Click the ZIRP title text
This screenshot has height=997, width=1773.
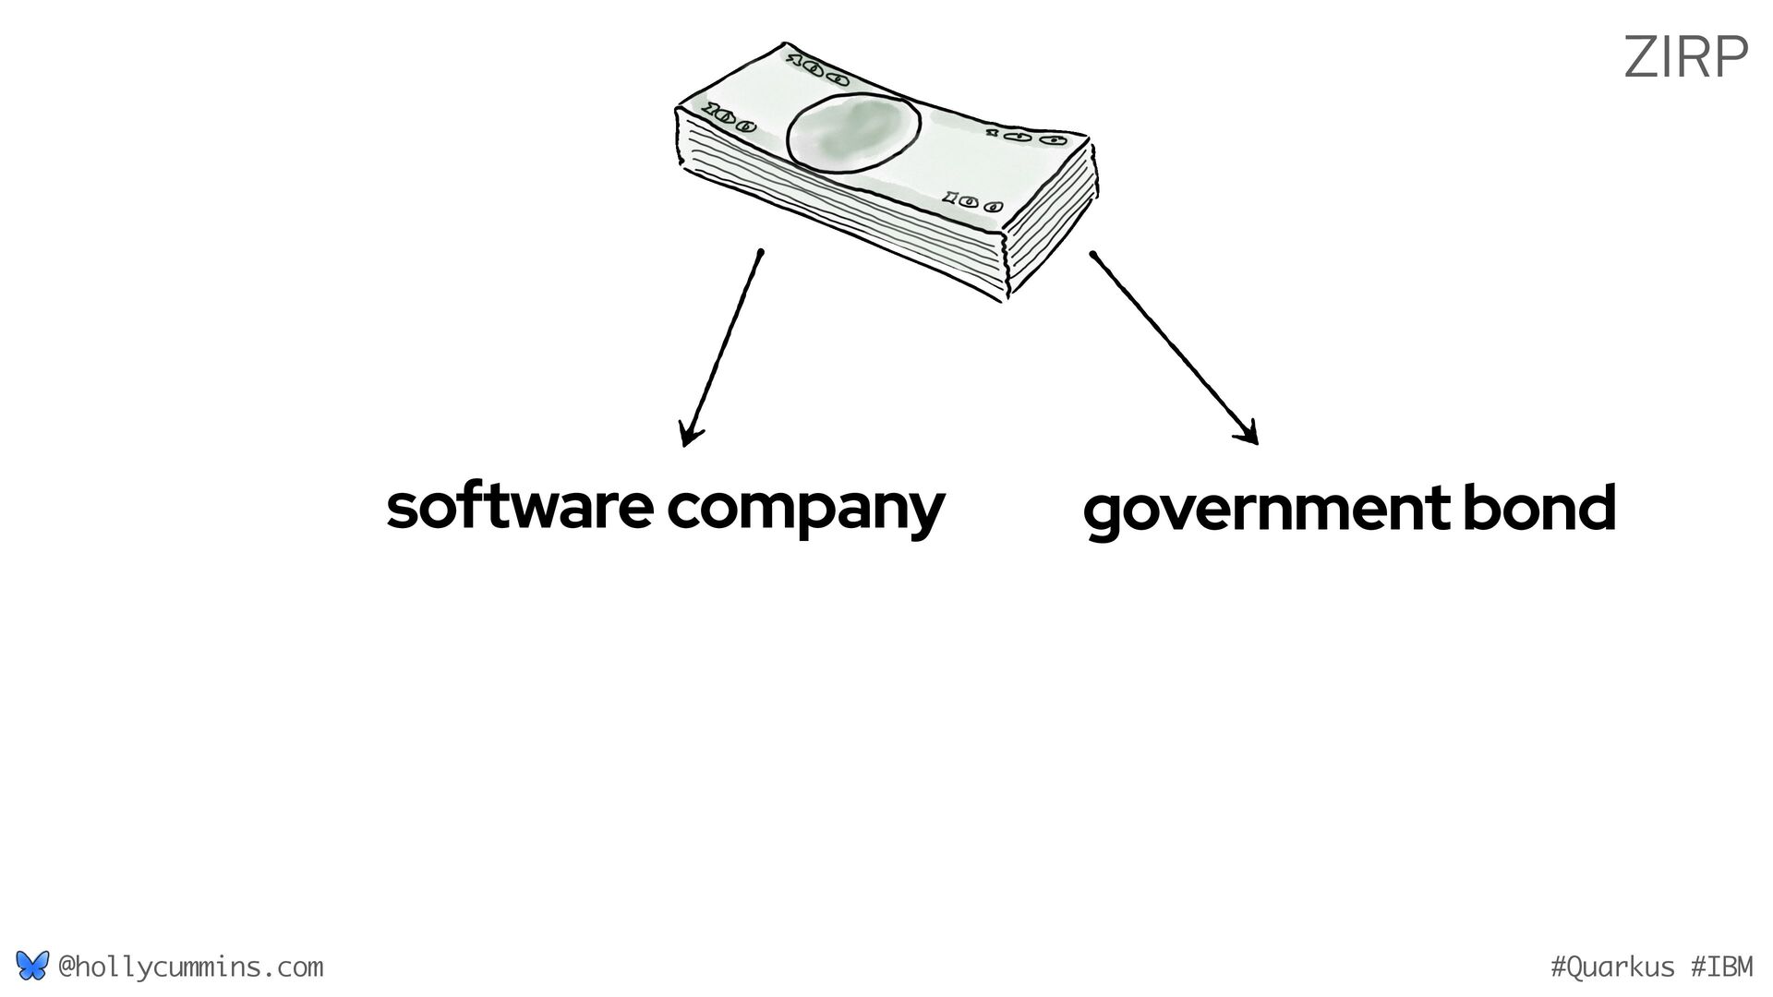pos(1685,57)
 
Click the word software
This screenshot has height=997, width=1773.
pos(519,507)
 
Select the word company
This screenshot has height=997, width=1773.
pos(805,510)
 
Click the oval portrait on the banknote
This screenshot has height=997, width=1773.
pos(852,135)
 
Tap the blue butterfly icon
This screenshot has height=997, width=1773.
pos(31,967)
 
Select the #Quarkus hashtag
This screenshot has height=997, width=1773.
pos(1611,967)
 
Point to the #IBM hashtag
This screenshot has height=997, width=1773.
pos(1722,967)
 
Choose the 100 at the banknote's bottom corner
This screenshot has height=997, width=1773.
pos(972,200)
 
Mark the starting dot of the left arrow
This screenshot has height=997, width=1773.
pos(760,251)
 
